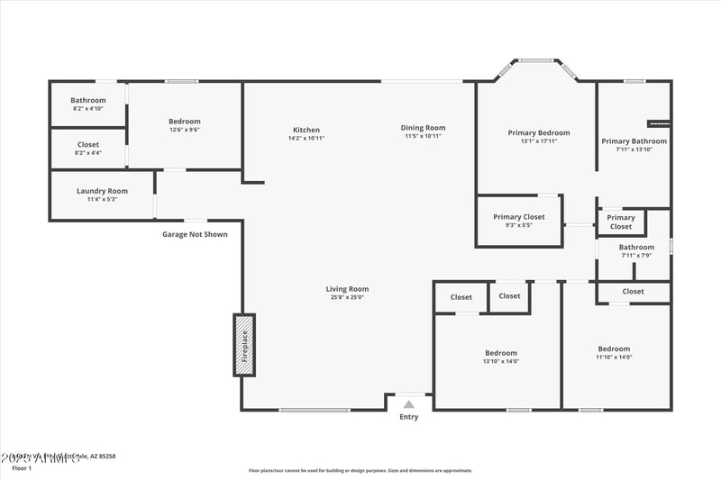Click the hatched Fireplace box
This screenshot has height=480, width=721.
point(244,344)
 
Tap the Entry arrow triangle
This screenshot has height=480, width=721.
point(409,404)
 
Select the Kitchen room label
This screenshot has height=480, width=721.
point(306,130)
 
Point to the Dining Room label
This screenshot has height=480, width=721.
point(423,128)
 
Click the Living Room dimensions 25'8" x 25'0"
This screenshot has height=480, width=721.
point(347,298)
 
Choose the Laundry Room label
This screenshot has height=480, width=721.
point(102,191)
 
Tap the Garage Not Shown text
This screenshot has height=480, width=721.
point(195,234)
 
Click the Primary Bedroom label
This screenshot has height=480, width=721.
point(539,132)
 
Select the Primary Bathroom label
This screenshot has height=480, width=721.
point(634,141)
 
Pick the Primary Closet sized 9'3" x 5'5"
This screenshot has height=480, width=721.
point(518,217)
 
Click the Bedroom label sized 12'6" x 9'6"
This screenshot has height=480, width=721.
point(184,122)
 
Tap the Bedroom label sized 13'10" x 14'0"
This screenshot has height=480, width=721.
point(501,353)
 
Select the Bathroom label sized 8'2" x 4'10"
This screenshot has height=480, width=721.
point(88,101)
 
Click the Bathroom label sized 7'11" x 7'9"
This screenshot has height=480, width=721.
point(636,248)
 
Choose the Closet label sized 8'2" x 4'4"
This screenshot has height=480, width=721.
point(88,145)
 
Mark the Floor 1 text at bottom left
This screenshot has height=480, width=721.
point(21,468)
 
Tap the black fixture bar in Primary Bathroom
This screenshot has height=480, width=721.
point(659,122)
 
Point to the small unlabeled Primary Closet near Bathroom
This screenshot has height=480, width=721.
point(621,222)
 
